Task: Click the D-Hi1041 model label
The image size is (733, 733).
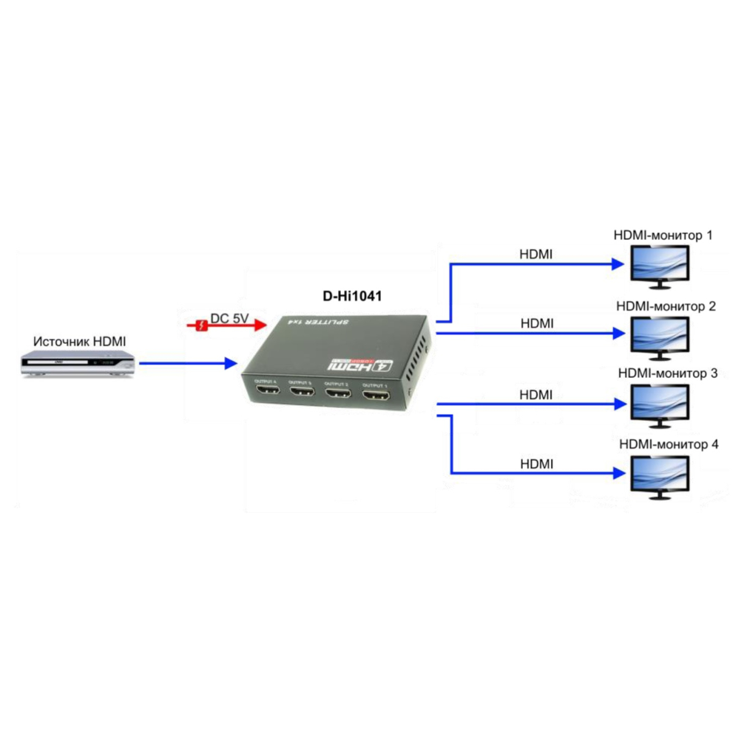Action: [352, 296]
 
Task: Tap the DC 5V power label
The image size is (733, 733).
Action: [230, 318]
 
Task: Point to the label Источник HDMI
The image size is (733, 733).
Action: [79, 341]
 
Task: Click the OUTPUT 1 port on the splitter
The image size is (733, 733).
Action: [376, 395]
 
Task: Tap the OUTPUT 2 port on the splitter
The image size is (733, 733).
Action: [338, 393]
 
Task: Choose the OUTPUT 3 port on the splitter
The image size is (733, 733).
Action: [302, 391]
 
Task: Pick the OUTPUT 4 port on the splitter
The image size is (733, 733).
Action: [267, 389]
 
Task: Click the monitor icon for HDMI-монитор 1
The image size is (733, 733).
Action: [660, 266]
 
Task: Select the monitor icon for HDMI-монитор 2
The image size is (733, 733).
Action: [660, 337]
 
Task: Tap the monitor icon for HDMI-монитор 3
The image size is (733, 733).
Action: [660, 404]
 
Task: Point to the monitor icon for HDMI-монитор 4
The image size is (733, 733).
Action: [660, 476]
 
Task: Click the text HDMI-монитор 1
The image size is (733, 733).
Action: [663, 235]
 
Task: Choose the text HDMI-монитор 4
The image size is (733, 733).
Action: [669, 444]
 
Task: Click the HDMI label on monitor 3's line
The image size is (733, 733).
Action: [536, 395]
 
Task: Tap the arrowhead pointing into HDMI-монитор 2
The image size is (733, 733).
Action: [619, 334]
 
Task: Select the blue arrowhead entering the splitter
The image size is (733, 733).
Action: [231, 363]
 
